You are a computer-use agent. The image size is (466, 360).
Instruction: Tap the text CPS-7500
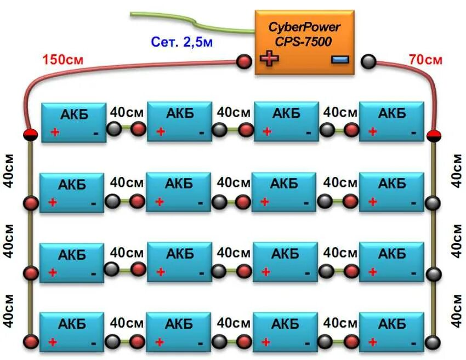[304, 42]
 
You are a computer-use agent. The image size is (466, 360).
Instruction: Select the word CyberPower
[304, 27]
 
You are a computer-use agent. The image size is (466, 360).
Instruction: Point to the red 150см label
[62, 59]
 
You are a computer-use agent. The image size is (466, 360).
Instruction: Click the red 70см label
[425, 59]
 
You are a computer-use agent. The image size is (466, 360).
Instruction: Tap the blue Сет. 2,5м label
[181, 42]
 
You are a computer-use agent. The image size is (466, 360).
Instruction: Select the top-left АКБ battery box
[73, 121]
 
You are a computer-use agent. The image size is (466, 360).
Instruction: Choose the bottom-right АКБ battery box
[392, 332]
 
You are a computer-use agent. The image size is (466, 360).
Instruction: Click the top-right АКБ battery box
[392, 121]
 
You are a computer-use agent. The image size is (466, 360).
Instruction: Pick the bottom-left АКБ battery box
[73, 332]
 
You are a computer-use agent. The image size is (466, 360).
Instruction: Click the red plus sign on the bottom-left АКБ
[53, 342]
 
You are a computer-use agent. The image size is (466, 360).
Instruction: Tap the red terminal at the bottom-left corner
[31, 342]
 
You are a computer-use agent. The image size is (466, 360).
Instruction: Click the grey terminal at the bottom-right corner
[434, 342]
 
